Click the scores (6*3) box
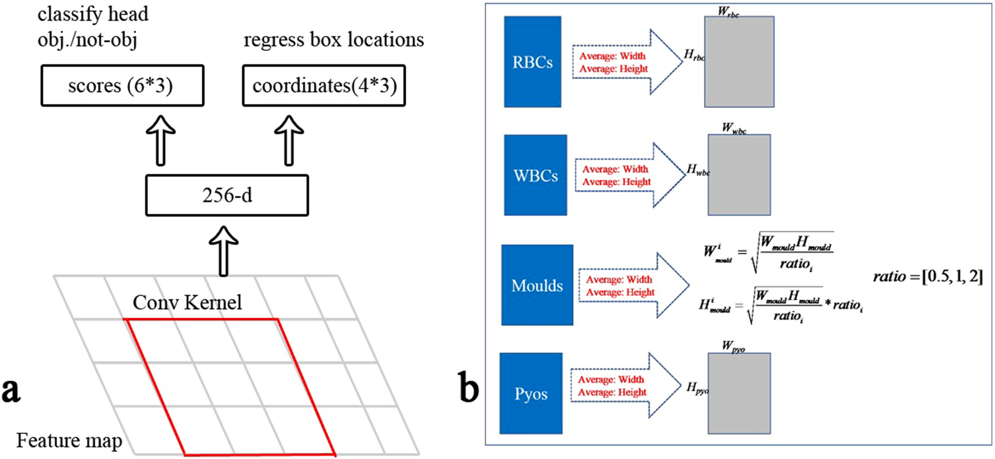(122, 86)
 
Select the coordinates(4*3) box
(324, 86)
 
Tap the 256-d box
(227, 195)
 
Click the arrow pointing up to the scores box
(160, 141)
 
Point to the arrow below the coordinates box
(289, 141)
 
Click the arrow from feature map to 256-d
(223, 251)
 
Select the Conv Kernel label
(187, 302)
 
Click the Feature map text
(69, 440)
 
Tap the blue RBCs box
(533, 62)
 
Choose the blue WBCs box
(536, 175)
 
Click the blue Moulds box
(537, 285)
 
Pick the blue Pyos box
(531, 393)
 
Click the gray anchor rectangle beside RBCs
(739, 62)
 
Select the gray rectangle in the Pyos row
(739, 393)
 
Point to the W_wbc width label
(734, 128)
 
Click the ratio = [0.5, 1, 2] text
(928, 276)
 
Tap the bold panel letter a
(11, 391)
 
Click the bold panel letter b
(468, 390)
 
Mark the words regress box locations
(334, 40)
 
